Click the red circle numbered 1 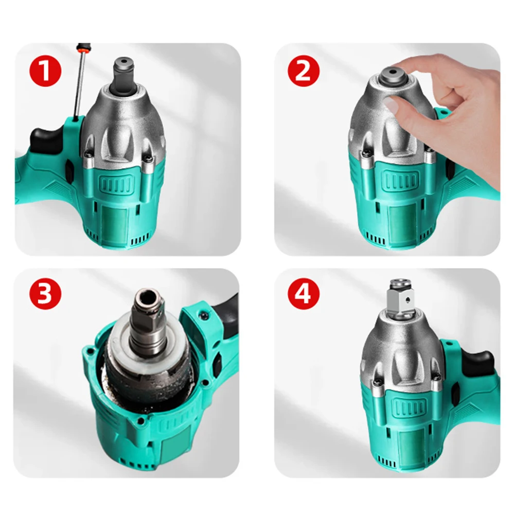(45, 70)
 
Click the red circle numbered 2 (304, 70)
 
